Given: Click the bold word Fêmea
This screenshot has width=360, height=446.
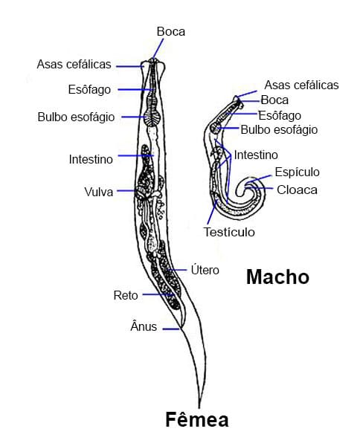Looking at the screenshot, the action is pos(197,420).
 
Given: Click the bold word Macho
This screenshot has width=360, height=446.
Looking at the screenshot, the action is pos(277,277).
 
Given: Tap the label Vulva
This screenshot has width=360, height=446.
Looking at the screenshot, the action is pos(99,192).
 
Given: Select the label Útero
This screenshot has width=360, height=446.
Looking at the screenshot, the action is pos(205,270).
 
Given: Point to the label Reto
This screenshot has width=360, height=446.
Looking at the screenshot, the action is pos(126,295).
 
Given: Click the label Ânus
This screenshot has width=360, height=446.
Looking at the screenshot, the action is pos(144,326).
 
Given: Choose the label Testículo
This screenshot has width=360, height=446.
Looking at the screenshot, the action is pos(229,232).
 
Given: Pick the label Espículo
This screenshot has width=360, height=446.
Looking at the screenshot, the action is pos(297,172).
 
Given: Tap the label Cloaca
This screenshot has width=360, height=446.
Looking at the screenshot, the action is pos(297,190).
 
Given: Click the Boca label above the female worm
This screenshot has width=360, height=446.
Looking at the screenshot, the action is pos(171,31).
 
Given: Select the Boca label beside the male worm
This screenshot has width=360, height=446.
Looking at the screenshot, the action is pos(274,100).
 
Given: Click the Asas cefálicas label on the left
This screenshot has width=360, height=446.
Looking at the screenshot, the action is pos(74,64).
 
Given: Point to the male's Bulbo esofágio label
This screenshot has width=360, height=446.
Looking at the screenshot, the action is pos(279,129).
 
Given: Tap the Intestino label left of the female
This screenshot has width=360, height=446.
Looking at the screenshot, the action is pos(91,159).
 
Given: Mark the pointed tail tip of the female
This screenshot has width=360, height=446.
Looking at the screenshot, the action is pos(199,407).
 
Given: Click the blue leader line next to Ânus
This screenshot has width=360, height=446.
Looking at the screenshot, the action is pos(171,329).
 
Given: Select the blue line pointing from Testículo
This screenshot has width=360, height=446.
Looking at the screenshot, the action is pos(212,212).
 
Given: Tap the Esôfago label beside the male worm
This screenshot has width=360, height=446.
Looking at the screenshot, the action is pos(280,116).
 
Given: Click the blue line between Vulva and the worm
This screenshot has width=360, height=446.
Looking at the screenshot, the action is pos(126,190).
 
